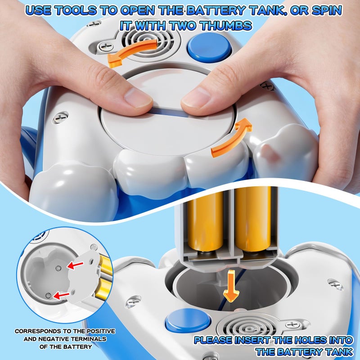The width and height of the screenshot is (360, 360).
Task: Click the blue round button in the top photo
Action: [x=209, y=47]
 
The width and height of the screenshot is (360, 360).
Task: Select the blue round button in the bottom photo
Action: [x=188, y=320]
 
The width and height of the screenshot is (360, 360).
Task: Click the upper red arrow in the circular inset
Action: [x=75, y=265]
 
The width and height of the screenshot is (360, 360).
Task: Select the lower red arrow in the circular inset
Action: [x=61, y=296]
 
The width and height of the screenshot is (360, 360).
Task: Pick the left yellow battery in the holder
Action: [x=206, y=220]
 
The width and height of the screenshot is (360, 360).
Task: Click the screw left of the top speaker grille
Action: [x=106, y=46]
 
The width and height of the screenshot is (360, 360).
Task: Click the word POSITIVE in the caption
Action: [x=100, y=331]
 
